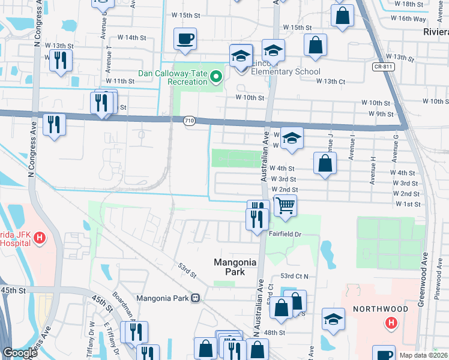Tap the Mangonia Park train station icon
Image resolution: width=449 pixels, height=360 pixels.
(195, 298)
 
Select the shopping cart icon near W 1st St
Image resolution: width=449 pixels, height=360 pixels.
(285, 205)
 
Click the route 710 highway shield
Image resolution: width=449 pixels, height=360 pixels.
(189, 121)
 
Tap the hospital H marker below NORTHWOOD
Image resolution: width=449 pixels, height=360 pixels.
(391, 323)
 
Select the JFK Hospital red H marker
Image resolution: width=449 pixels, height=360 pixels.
(40, 238)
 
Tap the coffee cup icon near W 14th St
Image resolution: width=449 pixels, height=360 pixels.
(185, 38)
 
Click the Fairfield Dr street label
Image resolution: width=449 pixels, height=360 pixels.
(285, 234)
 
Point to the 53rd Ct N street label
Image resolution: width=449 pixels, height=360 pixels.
(294, 276)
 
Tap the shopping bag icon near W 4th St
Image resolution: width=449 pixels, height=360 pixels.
(324, 163)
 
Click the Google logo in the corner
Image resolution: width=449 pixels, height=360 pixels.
(19, 353)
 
